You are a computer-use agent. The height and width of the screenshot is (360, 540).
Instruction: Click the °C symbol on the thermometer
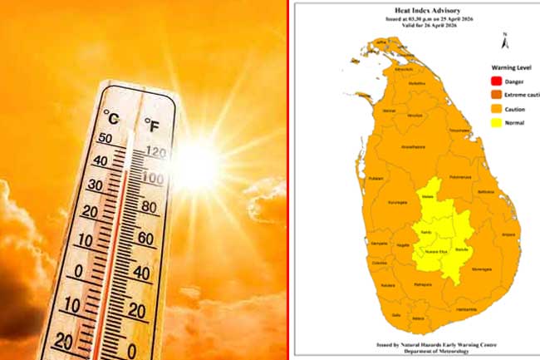(112, 116)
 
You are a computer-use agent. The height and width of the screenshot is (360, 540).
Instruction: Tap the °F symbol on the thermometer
(152, 126)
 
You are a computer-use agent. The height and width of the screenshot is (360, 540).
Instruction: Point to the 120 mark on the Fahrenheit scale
(155, 152)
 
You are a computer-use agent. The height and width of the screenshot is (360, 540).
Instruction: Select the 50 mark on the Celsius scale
(106, 138)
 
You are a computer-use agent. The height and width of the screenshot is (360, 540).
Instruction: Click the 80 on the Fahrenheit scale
(150, 206)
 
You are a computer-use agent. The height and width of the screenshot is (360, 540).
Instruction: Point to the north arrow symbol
(504, 38)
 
